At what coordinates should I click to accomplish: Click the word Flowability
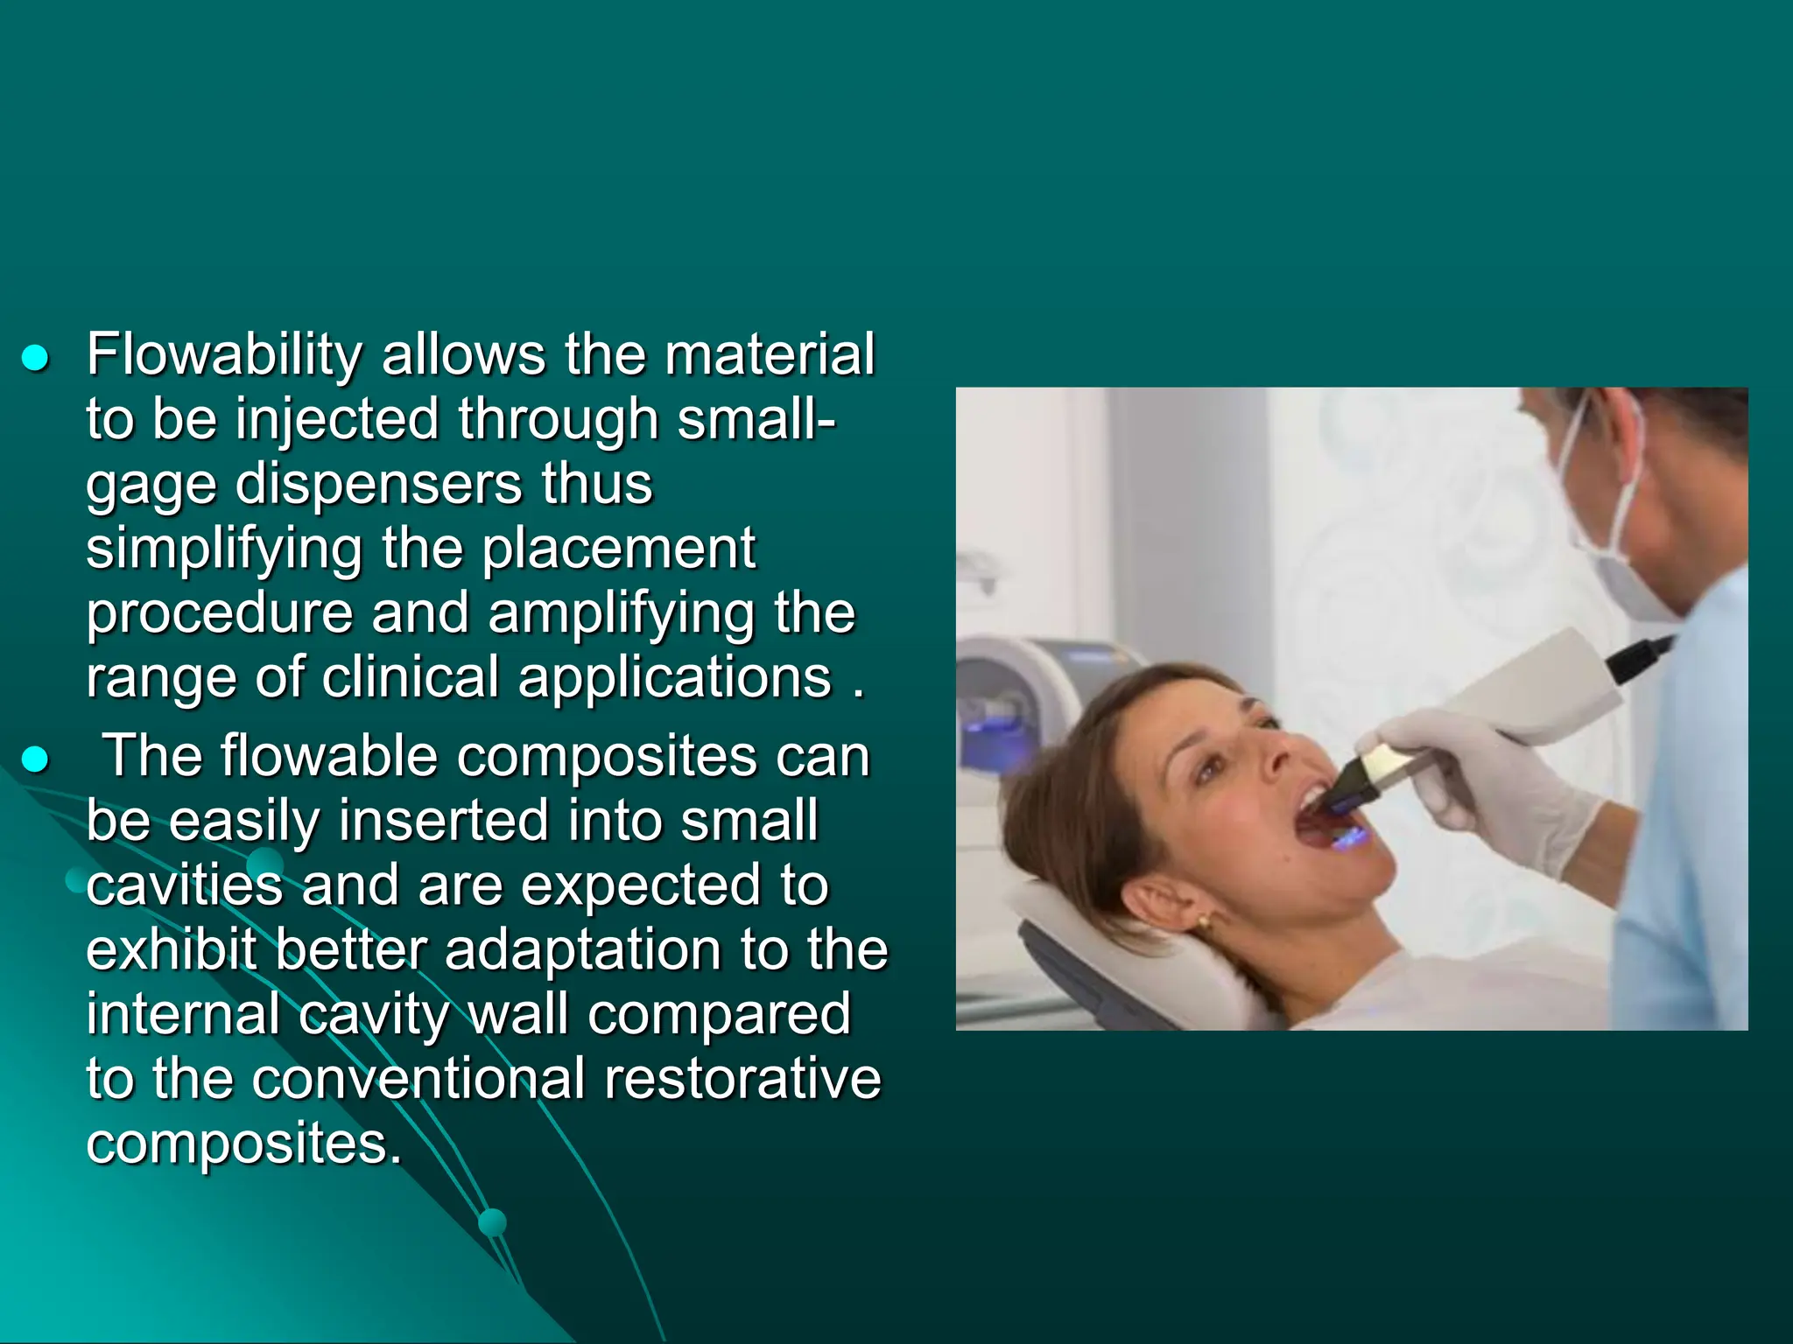224,357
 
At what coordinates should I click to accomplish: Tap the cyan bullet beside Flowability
35,358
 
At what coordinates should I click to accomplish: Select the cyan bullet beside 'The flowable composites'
35,759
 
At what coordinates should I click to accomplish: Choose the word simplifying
224,550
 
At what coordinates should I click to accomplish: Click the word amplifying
621,614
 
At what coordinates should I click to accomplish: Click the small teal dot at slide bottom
493,1221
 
